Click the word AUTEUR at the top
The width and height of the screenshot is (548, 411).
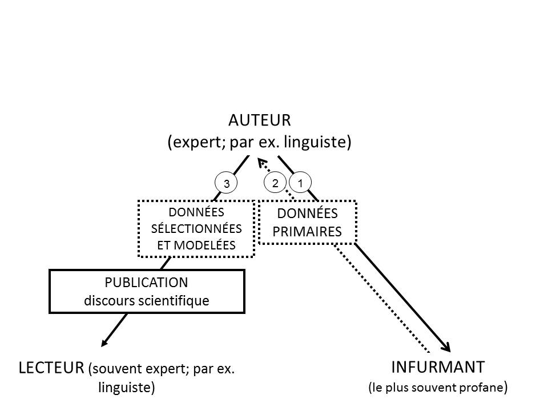click(260, 120)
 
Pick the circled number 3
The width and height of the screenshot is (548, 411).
click(226, 184)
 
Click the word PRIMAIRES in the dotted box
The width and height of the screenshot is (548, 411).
click(307, 231)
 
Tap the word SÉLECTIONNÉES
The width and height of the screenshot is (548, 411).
click(196, 228)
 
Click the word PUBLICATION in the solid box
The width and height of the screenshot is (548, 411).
click(147, 283)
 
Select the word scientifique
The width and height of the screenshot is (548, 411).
click(176, 300)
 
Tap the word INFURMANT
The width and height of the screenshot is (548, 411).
click(438, 366)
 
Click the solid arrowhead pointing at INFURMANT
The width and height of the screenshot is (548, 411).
click(447, 348)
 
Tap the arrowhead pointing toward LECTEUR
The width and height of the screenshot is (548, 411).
click(105, 342)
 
